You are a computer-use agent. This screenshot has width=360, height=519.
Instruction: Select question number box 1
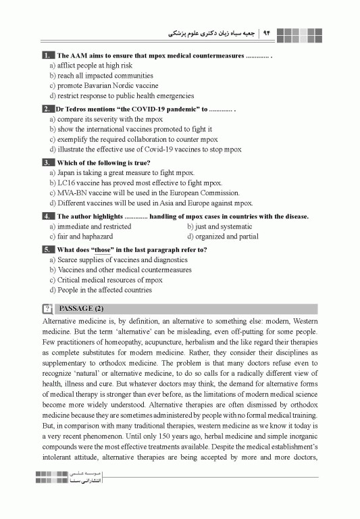click(47, 55)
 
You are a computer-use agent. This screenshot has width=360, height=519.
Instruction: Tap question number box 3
click(47, 163)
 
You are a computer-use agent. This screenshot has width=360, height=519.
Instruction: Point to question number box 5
click(47, 249)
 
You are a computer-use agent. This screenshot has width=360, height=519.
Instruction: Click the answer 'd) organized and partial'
click(222, 237)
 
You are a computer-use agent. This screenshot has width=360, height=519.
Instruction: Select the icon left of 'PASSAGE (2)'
click(47, 309)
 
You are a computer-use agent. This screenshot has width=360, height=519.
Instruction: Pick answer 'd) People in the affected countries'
click(101, 290)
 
